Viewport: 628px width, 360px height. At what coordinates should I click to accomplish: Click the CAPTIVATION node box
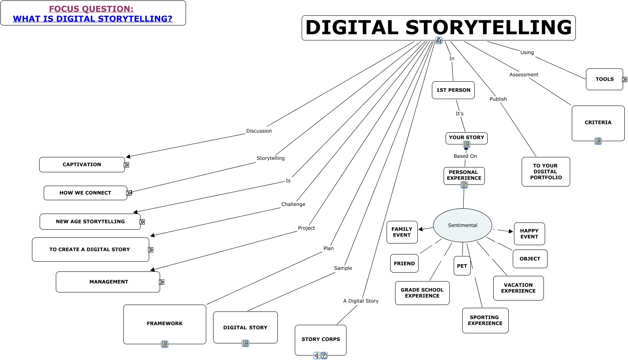[82, 165]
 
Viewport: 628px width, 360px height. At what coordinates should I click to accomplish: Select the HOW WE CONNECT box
[85, 193]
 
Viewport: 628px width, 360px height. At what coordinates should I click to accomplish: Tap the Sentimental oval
[462, 225]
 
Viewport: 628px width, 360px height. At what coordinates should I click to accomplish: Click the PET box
[462, 266]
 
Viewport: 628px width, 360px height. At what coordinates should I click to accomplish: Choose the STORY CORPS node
[320, 339]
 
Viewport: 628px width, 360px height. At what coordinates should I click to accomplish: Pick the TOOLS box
[604, 79]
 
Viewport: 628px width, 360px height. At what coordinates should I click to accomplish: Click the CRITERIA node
[598, 123]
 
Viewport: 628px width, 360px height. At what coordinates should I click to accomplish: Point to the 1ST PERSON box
[453, 90]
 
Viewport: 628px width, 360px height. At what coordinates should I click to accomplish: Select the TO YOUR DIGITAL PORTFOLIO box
[546, 172]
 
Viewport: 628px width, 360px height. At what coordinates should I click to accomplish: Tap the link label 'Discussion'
[259, 131]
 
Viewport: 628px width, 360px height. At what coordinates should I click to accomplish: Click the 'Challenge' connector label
[293, 204]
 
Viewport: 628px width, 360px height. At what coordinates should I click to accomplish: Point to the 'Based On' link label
[465, 156]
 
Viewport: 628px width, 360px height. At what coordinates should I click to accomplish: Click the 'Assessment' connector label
[524, 75]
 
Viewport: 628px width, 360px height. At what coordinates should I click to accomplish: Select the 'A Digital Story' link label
[361, 301]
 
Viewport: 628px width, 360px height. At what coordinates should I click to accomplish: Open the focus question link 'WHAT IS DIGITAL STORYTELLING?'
[93, 19]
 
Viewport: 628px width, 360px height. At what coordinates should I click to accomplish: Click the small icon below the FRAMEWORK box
[164, 344]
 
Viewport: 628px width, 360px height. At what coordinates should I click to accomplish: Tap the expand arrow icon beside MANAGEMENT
[161, 282]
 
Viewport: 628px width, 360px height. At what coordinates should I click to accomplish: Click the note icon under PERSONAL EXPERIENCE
[464, 185]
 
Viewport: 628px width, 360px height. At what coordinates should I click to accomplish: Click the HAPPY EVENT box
[529, 234]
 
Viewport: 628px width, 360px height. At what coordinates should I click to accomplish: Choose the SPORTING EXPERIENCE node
[485, 320]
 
